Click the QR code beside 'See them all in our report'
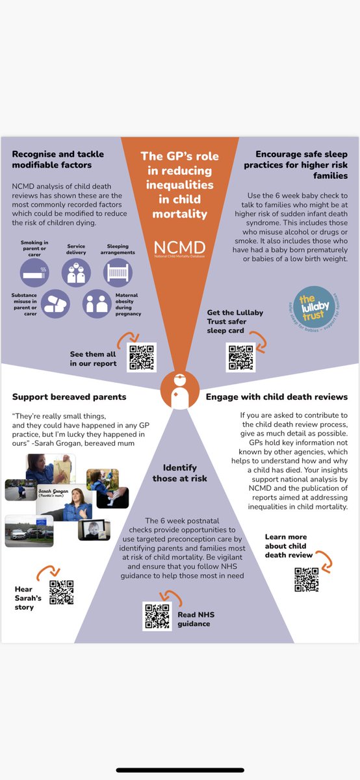(142, 357)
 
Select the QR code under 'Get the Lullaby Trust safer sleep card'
(239, 357)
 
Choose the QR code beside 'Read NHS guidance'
(157, 617)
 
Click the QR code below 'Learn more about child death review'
(306, 580)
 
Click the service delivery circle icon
(76, 272)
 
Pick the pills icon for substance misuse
(55, 304)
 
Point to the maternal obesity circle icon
(97, 304)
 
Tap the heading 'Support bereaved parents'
(59, 396)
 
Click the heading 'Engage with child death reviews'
(277, 396)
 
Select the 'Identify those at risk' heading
(180, 473)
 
